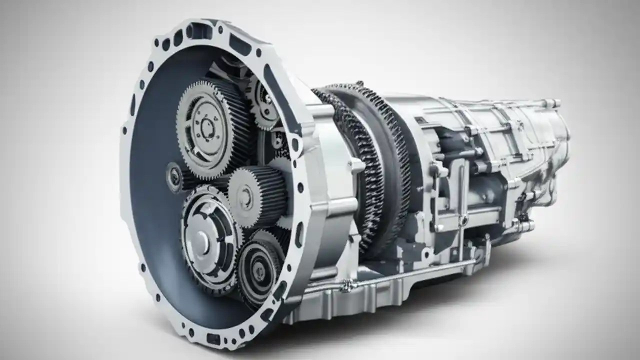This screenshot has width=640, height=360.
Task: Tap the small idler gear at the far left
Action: (x=175, y=176)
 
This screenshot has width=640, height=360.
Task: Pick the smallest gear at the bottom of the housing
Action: (x=259, y=270)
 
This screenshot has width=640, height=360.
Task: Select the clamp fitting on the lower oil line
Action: (x=345, y=286)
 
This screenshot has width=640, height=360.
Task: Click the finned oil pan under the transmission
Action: (x=380, y=295)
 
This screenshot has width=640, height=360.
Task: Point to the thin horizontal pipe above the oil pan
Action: (x=400, y=274)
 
